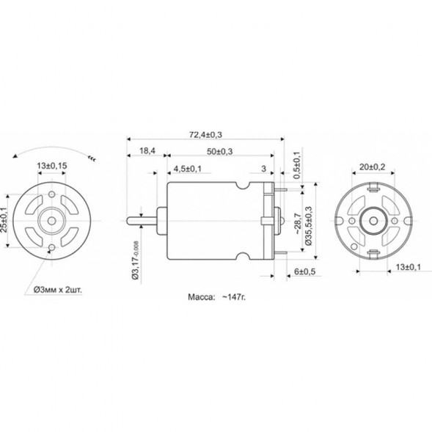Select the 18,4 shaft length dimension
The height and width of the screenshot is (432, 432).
tap(147, 151)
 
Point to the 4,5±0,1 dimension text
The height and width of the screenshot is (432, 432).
tap(188, 169)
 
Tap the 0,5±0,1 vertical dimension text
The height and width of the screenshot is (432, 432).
tap(296, 166)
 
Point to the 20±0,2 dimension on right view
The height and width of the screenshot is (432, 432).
tap(372, 166)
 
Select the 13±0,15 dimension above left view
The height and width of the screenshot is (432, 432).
tap(52, 166)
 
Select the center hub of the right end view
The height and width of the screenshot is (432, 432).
tap(373, 219)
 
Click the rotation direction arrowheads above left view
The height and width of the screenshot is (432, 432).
tap(92, 157)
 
